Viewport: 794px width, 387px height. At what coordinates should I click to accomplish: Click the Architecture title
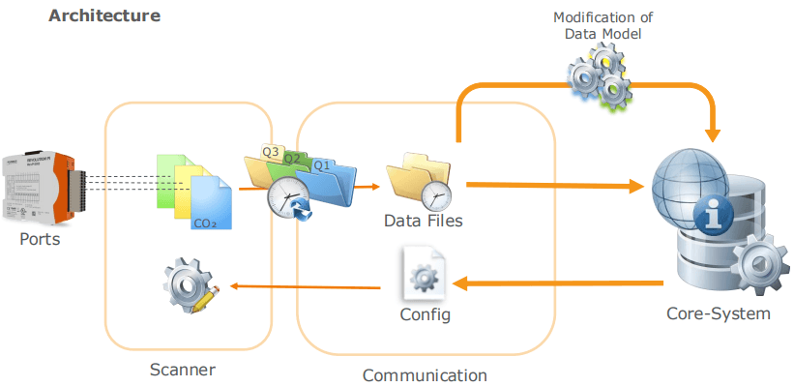coord(104,16)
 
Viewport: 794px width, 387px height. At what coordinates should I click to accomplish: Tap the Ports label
coord(40,239)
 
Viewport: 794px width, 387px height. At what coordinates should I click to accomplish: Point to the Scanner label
coord(183,370)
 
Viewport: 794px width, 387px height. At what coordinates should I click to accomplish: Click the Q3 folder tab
coord(271,152)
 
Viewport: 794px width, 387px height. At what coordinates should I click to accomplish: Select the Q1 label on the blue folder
coord(321,165)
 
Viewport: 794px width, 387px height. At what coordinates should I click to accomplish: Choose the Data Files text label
coord(424,221)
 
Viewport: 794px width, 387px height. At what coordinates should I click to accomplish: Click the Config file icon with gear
coord(424,274)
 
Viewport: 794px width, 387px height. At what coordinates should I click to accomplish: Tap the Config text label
coord(425,315)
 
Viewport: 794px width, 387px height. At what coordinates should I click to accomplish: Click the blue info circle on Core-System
coord(714,218)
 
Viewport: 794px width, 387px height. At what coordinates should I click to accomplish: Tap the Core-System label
coord(719,313)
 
